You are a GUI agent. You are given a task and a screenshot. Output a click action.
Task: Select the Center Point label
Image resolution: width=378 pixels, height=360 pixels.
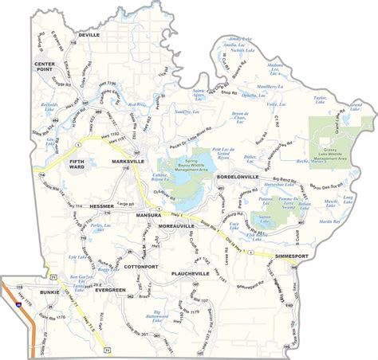point(47,66)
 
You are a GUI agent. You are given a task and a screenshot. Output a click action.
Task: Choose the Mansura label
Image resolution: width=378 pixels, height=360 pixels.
point(148,215)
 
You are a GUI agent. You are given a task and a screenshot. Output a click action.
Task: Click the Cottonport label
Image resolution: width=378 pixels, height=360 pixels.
point(140,267)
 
